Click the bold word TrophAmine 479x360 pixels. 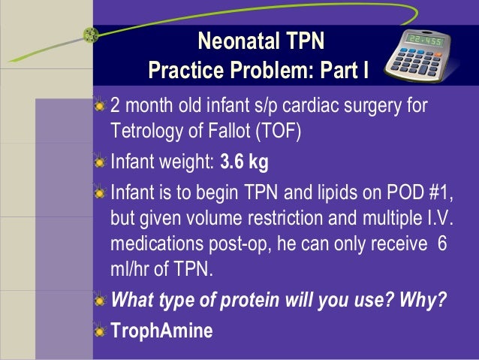[161, 329]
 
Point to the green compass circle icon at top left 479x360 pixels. [92, 34]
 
